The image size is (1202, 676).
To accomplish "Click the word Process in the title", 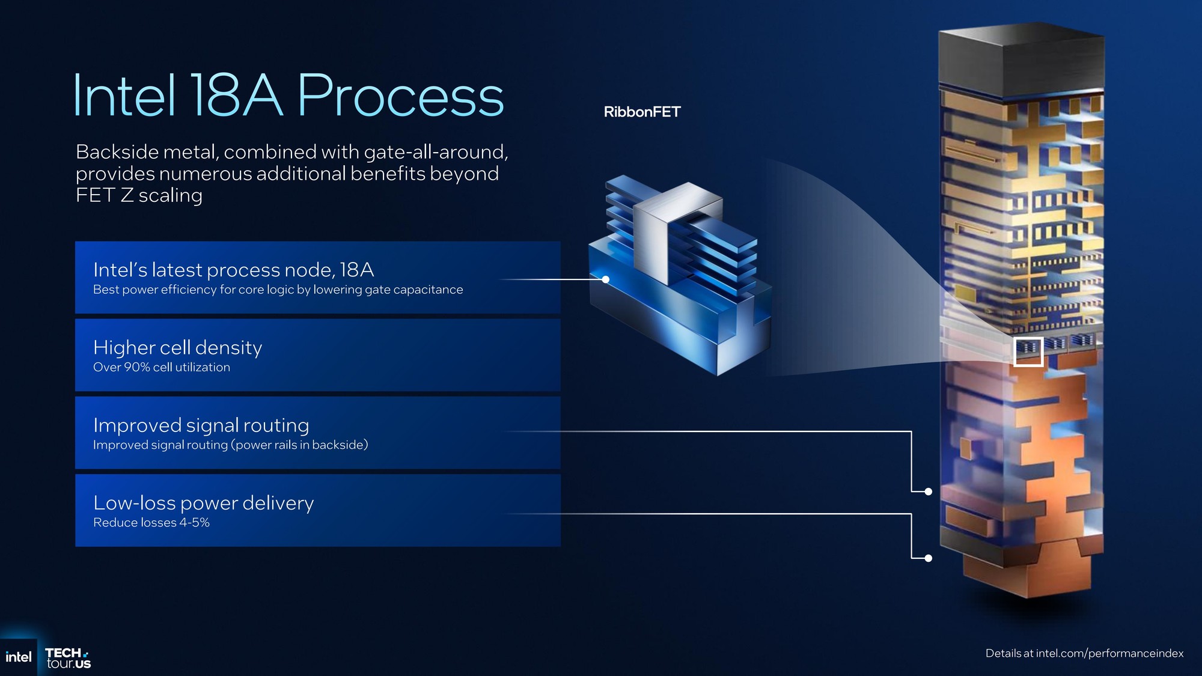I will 400,96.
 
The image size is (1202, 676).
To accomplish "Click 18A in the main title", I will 236,96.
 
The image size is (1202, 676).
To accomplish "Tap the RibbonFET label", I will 642,112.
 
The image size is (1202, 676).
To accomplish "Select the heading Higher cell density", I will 177,348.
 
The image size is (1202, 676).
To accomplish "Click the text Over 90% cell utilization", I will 161,367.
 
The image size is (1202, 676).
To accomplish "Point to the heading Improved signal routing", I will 201,425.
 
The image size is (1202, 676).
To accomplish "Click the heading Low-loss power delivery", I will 203,503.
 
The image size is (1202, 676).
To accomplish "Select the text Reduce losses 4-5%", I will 151,523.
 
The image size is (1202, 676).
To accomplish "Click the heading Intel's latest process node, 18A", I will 233,270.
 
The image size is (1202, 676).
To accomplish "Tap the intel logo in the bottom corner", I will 18,657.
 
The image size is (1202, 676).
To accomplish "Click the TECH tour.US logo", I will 68,658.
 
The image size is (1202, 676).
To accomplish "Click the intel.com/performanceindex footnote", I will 1084,653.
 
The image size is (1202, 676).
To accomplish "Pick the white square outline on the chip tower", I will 1028,352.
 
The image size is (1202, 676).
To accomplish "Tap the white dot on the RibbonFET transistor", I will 606,279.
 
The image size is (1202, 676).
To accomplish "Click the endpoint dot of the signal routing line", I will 928,492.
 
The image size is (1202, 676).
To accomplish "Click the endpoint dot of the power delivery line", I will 928,558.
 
